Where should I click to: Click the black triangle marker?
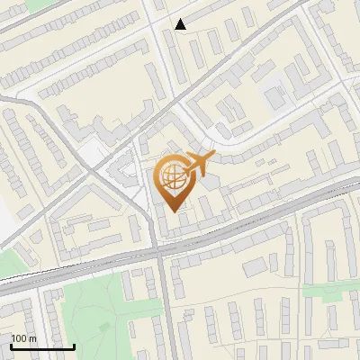pos(180,24)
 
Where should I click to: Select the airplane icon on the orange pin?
pos(197,163)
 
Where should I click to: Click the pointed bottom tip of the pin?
pos(174,211)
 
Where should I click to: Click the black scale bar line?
pos(42,346)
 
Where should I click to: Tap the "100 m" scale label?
pos(24,338)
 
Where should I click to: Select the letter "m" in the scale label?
pos(33,338)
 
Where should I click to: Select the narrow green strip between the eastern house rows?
pos(328,291)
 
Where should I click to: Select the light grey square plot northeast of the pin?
pos(274,95)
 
